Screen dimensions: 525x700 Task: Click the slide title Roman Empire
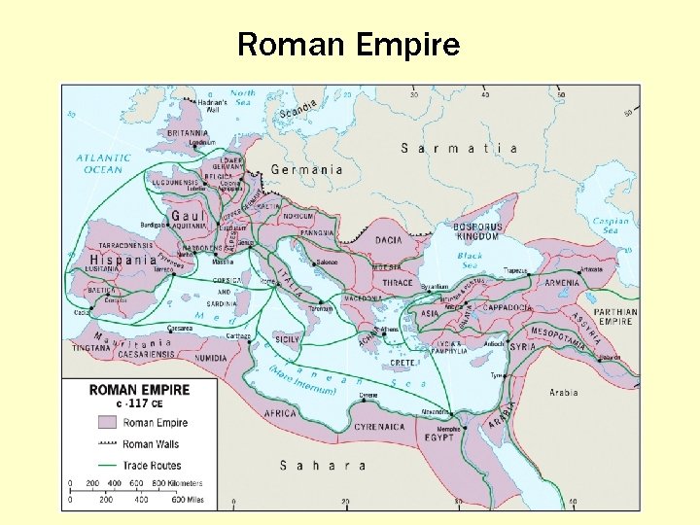tap(349, 45)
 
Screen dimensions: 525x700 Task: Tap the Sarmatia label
tap(459, 149)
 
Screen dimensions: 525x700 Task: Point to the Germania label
tap(306, 169)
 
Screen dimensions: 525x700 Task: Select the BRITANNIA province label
tap(188, 133)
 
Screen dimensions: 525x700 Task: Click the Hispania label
tap(122, 261)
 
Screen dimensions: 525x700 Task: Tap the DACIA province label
tap(388, 240)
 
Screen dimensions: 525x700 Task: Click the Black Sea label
tap(470, 261)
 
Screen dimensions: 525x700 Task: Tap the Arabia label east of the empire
tap(563, 393)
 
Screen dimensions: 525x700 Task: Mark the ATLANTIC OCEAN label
tap(104, 163)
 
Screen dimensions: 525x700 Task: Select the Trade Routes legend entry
tap(150, 465)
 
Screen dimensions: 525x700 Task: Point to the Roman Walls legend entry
tap(151, 444)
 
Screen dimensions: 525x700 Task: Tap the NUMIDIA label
tap(208, 358)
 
